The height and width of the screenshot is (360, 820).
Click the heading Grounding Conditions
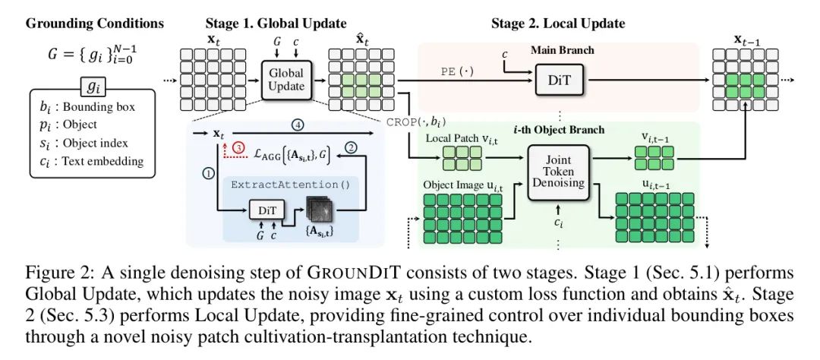click(x=95, y=24)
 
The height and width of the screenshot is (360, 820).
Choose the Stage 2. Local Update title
click(x=558, y=24)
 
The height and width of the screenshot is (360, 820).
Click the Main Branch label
click(x=562, y=50)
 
